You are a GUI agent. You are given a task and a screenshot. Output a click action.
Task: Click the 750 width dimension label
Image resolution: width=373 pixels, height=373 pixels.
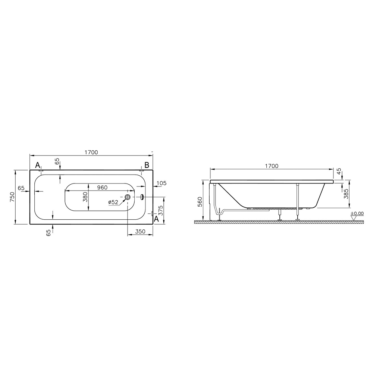pyautogui.click(x=12, y=197)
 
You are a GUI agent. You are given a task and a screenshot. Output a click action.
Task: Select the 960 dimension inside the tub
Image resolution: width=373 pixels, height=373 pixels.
pyautogui.click(x=102, y=188)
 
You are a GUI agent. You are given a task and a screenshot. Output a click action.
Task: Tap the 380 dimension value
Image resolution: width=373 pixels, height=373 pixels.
pyautogui.click(x=85, y=197)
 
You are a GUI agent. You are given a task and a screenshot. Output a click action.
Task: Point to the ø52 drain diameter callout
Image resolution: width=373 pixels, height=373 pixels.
pyautogui.click(x=113, y=202)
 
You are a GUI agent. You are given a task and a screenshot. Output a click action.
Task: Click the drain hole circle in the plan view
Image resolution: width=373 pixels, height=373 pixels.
pyautogui.click(x=128, y=197)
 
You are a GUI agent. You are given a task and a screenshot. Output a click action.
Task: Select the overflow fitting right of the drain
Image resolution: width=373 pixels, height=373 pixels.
pyautogui.click(x=142, y=197)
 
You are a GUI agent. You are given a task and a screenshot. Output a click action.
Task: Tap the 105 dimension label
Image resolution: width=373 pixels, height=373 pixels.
pyautogui.click(x=162, y=183)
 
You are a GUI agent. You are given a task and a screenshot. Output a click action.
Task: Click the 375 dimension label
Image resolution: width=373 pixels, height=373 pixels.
pyautogui.click(x=161, y=210)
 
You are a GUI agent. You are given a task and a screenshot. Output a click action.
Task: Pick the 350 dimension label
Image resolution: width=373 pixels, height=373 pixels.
pyautogui.click(x=140, y=232)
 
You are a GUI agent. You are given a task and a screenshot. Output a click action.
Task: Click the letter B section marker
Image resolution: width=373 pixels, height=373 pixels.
pyautogui.click(x=147, y=164)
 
